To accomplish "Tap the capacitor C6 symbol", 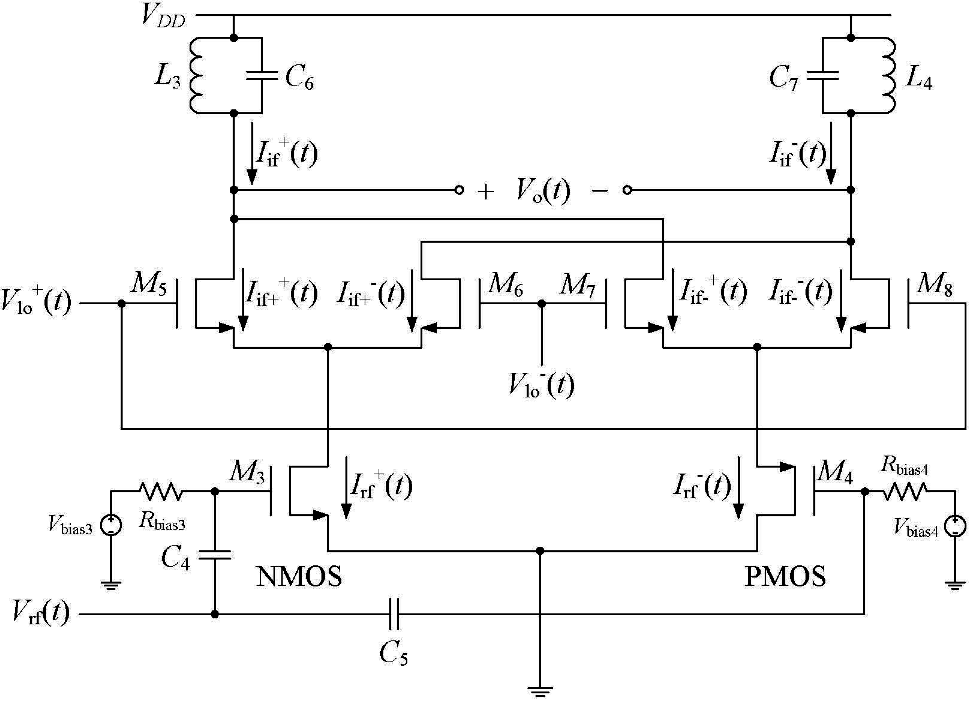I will [262, 76].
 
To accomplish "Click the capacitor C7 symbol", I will [823, 76].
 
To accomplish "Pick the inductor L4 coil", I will [889, 76].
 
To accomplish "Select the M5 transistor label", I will [148, 283].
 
